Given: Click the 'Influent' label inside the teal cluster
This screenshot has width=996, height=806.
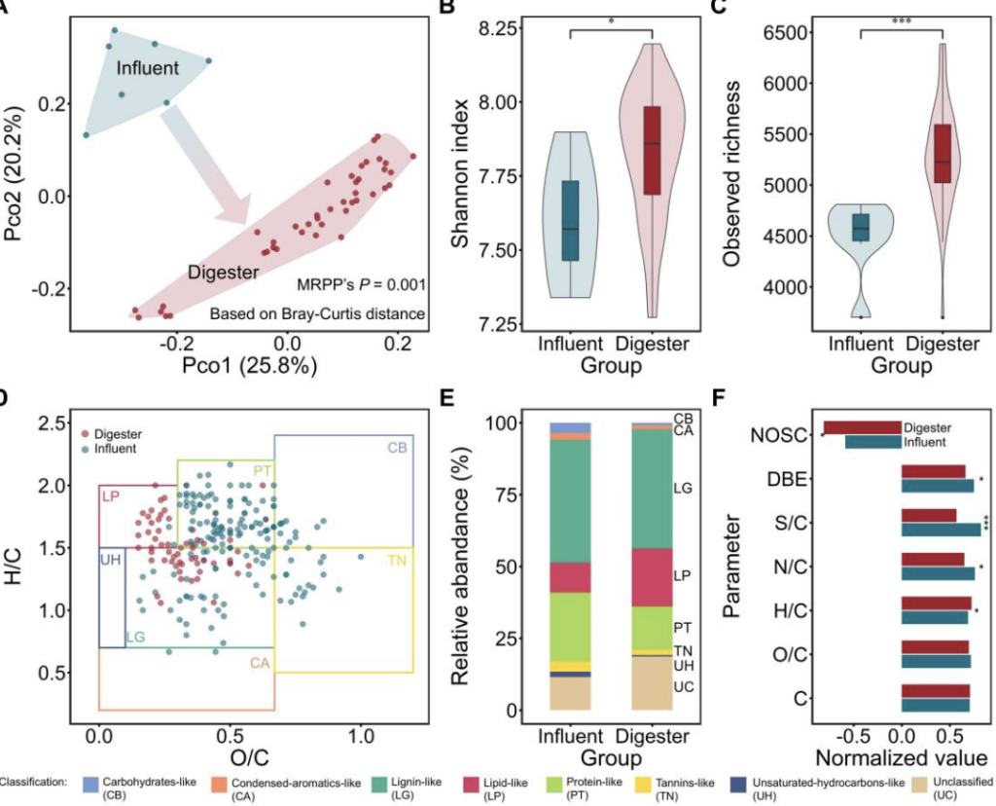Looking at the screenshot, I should [148, 69].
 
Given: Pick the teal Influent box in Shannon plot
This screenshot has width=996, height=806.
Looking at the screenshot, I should [570, 220].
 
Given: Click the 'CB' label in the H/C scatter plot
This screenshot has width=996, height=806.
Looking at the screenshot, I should [397, 448].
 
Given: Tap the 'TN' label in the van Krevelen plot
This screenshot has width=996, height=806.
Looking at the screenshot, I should [397, 562].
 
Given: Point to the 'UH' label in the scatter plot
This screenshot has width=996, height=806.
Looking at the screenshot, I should [110, 561].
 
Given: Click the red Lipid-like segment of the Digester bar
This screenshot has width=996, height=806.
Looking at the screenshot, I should [652, 577].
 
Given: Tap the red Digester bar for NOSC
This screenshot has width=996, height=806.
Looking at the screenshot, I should [862, 427].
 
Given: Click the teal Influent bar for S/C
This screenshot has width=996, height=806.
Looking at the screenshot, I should [941, 531].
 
